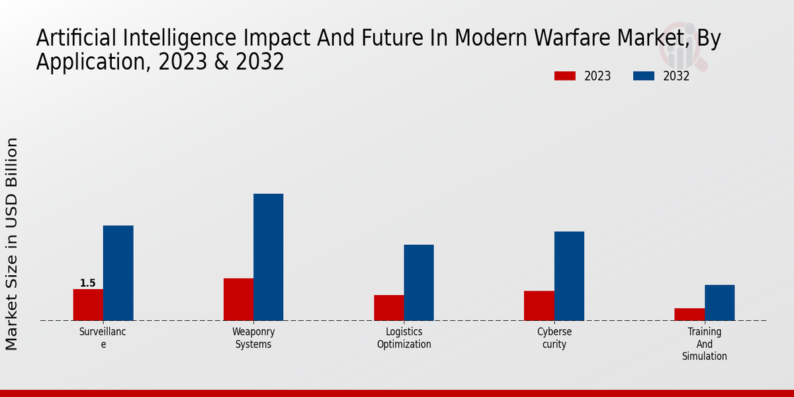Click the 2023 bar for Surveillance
[x=88, y=304]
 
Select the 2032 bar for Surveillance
[x=118, y=273]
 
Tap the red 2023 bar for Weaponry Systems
[x=238, y=299]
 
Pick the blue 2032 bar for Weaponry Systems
[x=268, y=257]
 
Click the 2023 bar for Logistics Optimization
[x=388, y=308]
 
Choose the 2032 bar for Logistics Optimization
[x=419, y=283]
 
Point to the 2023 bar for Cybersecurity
[x=539, y=306]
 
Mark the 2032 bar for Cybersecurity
[x=569, y=276]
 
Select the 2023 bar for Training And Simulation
[x=689, y=314]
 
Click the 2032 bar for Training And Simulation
[x=719, y=302]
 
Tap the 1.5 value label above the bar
[x=88, y=283]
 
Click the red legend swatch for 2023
[x=564, y=76]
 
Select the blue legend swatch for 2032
[x=644, y=76]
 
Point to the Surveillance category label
[x=103, y=338]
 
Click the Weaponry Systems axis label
[x=253, y=338]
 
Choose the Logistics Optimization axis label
[x=404, y=338]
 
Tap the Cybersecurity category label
[x=554, y=338]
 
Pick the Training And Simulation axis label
[x=704, y=344]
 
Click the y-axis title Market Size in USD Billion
[x=12, y=243]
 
